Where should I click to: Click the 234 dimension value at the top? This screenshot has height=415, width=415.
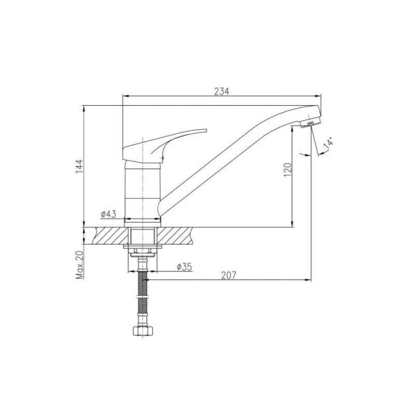pos(222,91)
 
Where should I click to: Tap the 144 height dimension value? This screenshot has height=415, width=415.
pos(80,167)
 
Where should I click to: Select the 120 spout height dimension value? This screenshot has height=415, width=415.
pos(288,170)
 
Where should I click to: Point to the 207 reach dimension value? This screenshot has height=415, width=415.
pos(228,275)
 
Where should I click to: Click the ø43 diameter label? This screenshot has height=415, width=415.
pos(108,214)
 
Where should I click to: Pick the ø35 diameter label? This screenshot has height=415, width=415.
pos(184,267)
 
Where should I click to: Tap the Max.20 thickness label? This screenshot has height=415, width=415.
pos(80,265)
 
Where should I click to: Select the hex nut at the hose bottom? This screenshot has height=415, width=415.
pos(143,331)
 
